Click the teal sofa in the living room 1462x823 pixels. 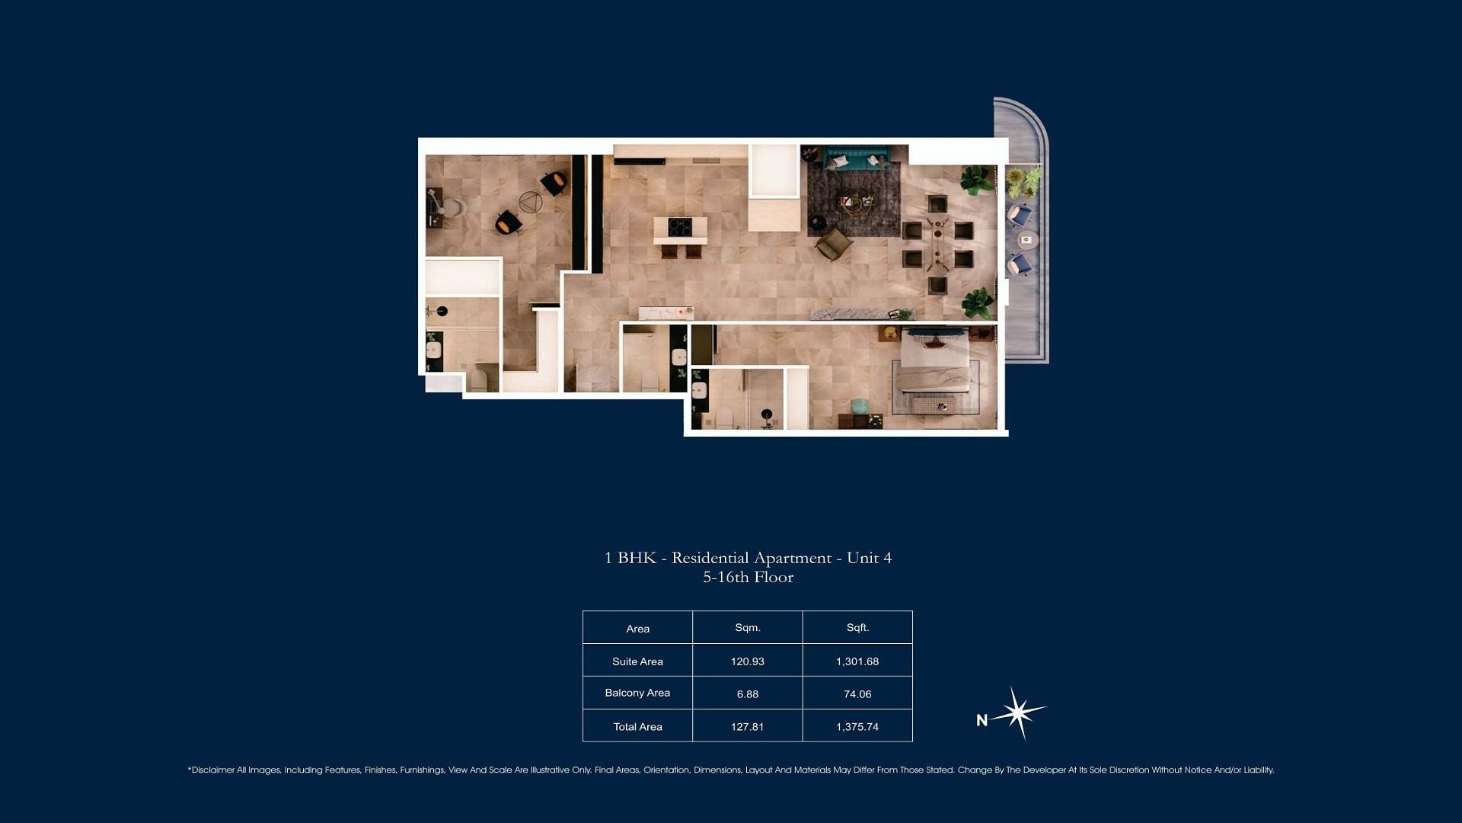coord(857,159)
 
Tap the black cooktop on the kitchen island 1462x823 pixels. coord(680,226)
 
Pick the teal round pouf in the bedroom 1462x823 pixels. coord(858,405)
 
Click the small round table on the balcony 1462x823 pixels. coord(1028,240)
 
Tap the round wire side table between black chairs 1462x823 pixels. coord(531,203)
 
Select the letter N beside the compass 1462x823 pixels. coord(982,720)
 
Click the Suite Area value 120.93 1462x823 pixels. coord(747,661)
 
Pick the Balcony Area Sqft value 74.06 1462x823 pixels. coord(857,694)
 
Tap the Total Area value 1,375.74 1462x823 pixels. coord(857,727)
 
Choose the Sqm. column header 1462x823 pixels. coord(748,628)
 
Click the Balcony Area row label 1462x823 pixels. coord(637,693)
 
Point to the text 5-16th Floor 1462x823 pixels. coord(748,578)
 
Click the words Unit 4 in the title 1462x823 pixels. coord(869,558)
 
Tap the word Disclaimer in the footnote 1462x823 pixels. coord(213,770)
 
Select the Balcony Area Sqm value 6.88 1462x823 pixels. coord(747,694)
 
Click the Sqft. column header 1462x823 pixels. coord(857,628)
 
